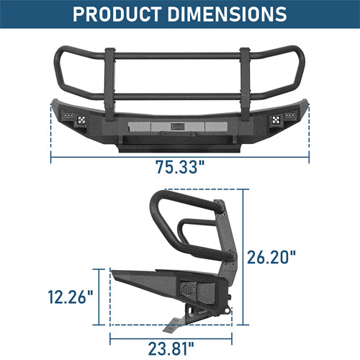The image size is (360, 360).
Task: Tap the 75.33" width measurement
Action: tap(180, 168)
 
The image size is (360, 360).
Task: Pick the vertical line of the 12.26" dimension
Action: tap(97, 297)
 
